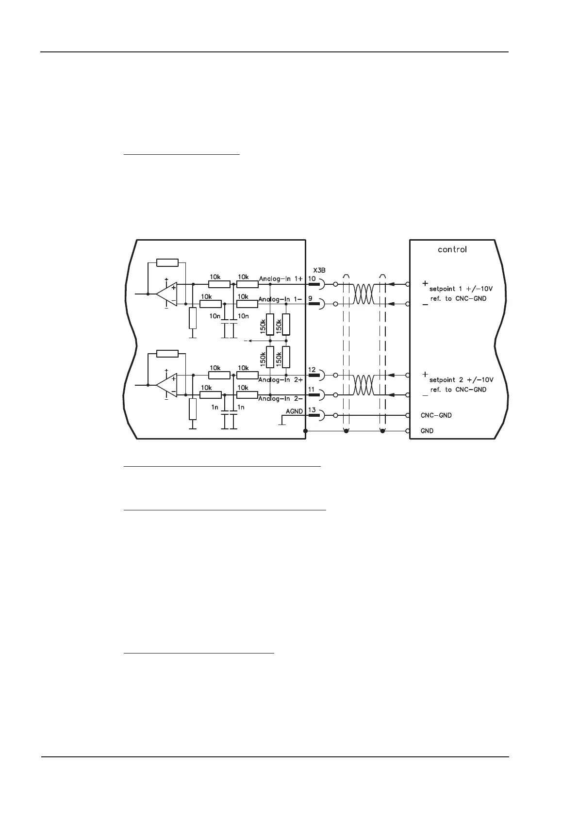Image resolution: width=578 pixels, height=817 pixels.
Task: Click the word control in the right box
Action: (452, 249)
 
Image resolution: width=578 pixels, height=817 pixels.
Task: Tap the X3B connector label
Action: (319, 270)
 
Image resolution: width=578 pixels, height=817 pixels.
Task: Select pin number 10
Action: (312, 278)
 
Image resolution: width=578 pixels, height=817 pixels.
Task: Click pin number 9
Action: (310, 298)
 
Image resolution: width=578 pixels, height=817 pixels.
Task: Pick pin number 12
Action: (312, 370)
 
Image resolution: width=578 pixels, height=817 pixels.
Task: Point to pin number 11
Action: (312, 390)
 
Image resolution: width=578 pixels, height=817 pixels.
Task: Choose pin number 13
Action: (312, 410)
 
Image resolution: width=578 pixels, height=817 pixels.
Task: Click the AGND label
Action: (294, 411)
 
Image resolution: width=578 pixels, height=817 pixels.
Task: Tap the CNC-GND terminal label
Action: (435, 415)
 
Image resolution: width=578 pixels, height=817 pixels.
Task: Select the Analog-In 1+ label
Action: (281, 279)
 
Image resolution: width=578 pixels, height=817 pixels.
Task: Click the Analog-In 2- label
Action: (281, 399)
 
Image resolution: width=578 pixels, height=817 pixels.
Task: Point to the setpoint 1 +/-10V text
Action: (461, 288)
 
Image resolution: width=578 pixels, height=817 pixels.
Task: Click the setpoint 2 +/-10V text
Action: (461, 379)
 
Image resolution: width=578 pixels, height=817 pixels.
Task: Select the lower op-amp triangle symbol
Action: (166, 385)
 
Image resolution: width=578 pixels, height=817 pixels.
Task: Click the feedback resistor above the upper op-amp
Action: (167, 262)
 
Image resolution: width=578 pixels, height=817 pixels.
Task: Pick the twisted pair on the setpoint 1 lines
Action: (364, 294)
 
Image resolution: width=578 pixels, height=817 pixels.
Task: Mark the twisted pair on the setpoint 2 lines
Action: (364, 385)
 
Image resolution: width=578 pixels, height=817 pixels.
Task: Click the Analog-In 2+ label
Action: (281, 379)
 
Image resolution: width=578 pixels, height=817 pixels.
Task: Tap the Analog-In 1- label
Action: (281, 299)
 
